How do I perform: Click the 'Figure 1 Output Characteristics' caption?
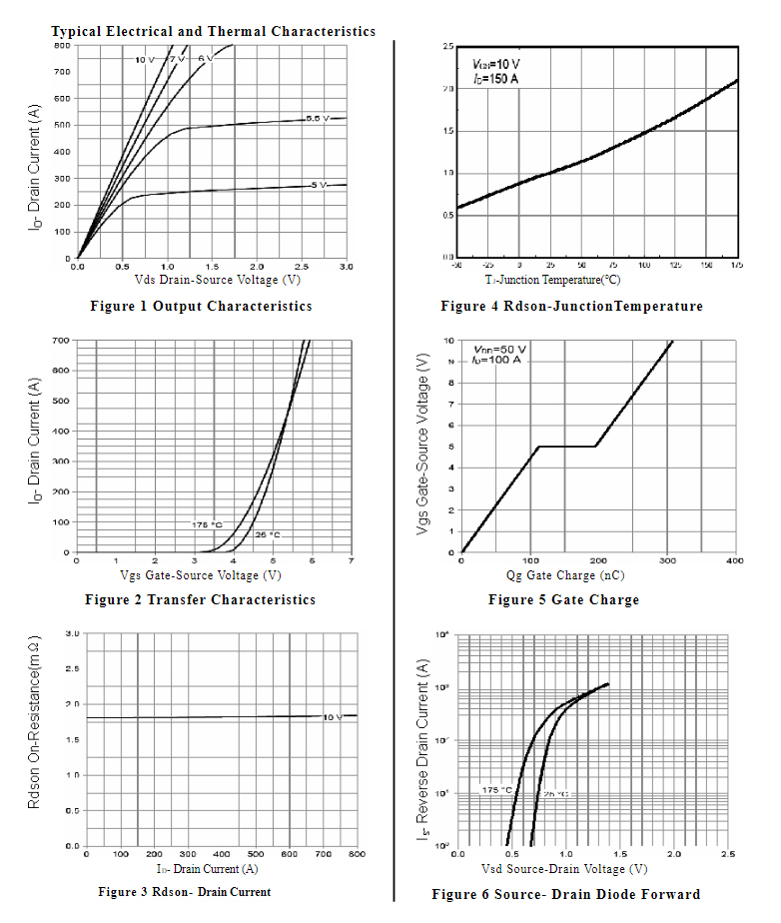[x=201, y=306]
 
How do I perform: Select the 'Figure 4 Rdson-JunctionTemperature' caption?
[x=571, y=306]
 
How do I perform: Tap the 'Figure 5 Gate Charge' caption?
[x=563, y=599]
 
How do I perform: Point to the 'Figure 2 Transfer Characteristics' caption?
[x=200, y=599]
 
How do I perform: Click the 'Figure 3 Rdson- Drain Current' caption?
[x=184, y=891]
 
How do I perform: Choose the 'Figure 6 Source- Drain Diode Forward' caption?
[x=565, y=893]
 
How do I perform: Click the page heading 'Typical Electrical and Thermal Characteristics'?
[x=213, y=31]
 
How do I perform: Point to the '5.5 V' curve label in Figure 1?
[x=318, y=119]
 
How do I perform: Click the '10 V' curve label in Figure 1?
[x=145, y=61]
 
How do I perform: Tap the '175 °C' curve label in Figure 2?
[x=207, y=524]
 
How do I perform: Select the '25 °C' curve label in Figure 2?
[x=267, y=534]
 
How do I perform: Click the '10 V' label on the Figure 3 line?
[x=332, y=717]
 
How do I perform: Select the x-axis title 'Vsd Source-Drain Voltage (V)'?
[x=563, y=868]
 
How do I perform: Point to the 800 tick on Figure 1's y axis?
[x=62, y=45]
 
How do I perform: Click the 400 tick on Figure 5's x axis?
[x=734, y=561]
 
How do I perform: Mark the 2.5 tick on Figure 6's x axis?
[x=728, y=855]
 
